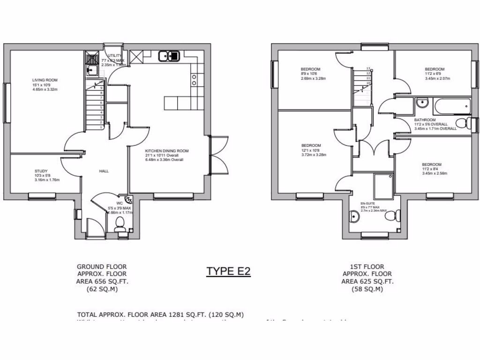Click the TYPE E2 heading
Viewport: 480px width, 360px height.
228,271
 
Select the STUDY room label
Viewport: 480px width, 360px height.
41,171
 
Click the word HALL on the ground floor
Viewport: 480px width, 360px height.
104,171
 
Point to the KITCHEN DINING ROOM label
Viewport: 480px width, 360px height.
166,151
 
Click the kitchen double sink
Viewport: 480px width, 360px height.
169,56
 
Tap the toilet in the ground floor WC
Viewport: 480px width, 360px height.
120,223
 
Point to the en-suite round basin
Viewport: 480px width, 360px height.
354,216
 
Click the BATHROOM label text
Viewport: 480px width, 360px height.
425,120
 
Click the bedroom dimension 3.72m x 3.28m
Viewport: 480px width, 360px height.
313,154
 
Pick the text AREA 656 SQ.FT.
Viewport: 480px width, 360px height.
102,281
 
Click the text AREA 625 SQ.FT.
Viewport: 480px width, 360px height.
367,281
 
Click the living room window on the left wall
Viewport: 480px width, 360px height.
7,103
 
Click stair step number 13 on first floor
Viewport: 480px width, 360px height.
368,68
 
